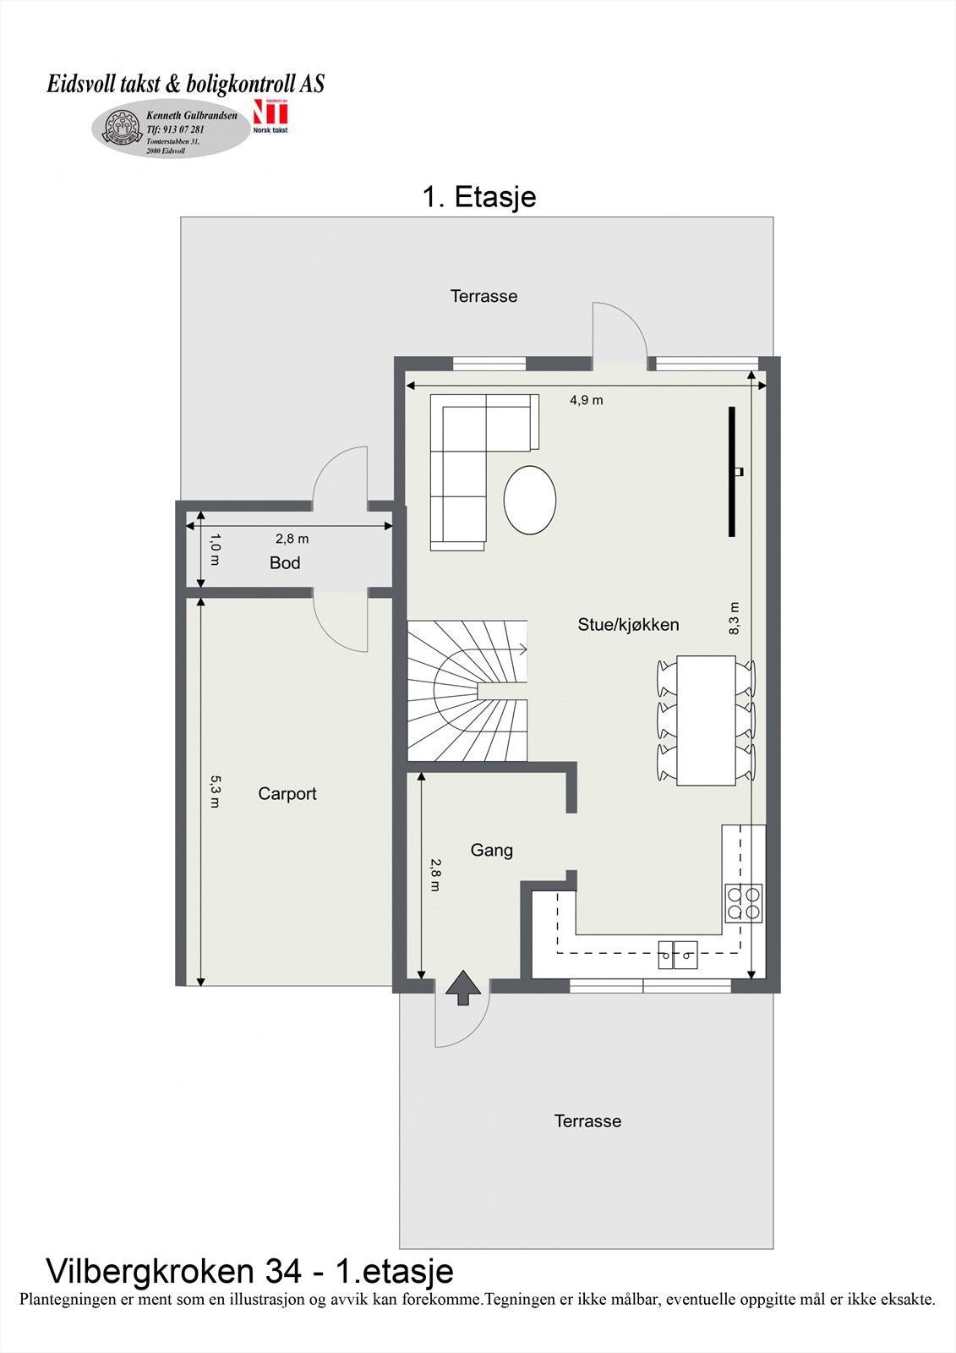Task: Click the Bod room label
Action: click(x=285, y=563)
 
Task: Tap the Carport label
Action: click(x=287, y=794)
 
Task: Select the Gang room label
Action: click(x=491, y=851)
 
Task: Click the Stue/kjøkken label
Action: click(x=628, y=625)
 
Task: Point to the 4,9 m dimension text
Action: click(x=586, y=400)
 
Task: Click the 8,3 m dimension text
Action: click(x=735, y=618)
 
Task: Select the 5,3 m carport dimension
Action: click(x=215, y=792)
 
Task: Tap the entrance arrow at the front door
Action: click(x=462, y=988)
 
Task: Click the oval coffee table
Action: click(x=530, y=500)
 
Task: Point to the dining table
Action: click(x=705, y=720)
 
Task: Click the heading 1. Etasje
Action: click(x=478, y=197)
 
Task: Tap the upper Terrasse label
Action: click(x=483, y=297)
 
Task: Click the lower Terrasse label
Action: click(x=587, y=1121)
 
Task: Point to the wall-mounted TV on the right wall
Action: click(x=732, y=471)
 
